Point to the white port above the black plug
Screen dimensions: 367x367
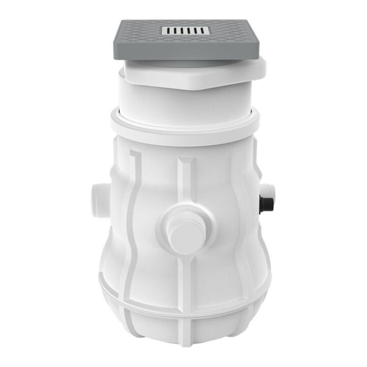267,189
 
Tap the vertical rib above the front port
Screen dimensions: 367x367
185,179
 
